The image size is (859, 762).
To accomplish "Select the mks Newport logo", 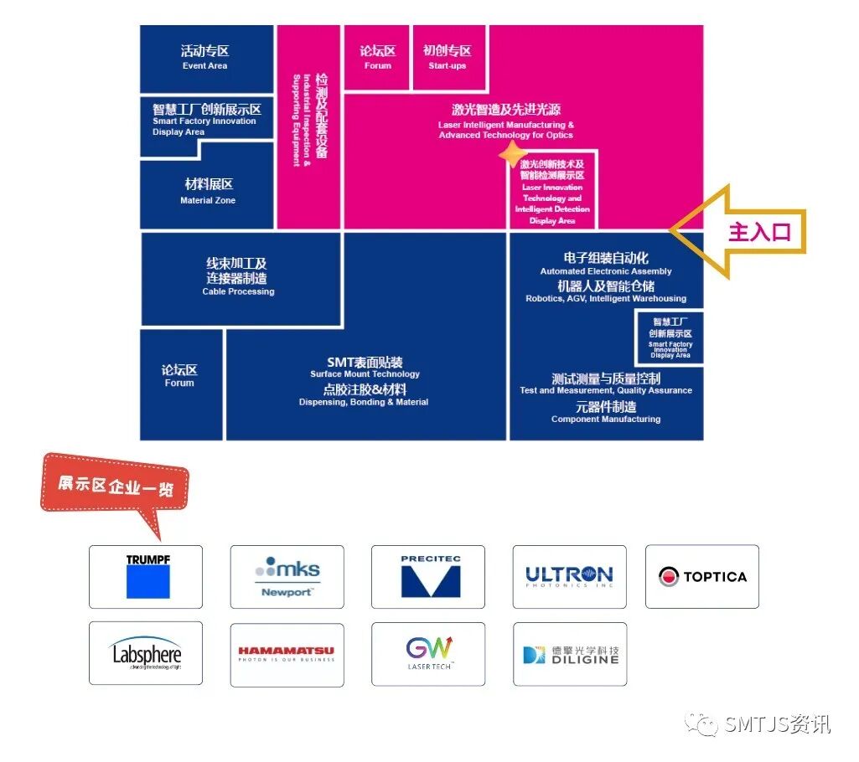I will pos(287,576).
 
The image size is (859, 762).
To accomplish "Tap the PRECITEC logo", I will pos(428,576).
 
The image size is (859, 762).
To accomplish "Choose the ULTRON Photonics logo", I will pos(569,576).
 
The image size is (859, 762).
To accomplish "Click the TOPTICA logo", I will pos(701,576).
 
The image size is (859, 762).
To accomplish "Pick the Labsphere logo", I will pos(146,653).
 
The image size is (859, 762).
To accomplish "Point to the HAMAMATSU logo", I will pos(287,653).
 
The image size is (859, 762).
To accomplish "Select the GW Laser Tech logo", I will pos(428,653).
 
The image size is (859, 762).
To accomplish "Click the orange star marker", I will pos(510,154).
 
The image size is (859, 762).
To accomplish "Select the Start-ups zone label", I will pos(448,58).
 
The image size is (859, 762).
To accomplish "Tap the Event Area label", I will pos(205,58).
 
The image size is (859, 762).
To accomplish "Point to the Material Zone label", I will pos(208,191).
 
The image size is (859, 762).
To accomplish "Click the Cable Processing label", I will pos(238,276).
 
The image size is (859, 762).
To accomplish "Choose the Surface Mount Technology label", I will pos(365,373).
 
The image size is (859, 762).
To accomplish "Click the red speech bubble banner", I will pos(115,486).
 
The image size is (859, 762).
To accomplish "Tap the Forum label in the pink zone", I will pos(377,58).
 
